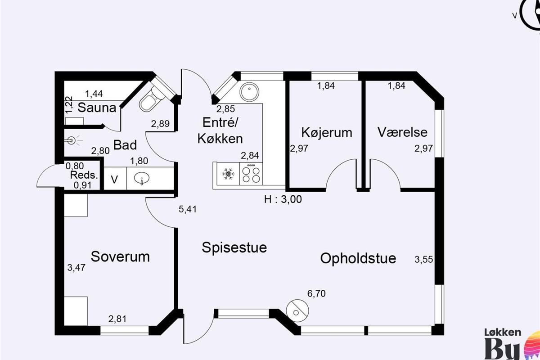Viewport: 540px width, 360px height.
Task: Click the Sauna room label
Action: [x=97, y=108]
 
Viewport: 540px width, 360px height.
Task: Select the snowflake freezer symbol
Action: [x=228, y=174]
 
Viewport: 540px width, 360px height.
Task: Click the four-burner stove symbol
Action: [x=251, y=174]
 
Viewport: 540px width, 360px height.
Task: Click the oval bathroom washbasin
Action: [x=142, y=179]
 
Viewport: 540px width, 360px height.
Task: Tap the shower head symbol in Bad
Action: [x=72, y=140]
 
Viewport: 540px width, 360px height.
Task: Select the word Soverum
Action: [x=120, y=256]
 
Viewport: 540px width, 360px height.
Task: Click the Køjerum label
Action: [x=327, y=132]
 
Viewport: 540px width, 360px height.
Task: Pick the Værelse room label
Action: [x=402, y=132]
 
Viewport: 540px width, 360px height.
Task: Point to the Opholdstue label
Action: [x=358, y=259]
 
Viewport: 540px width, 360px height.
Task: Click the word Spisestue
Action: [x=234, y=248]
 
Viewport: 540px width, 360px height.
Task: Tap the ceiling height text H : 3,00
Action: [x=283, y=199]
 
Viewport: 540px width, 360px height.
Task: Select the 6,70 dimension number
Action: [x=316, y=294]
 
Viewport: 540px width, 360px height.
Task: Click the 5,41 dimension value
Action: [x=188, y=209]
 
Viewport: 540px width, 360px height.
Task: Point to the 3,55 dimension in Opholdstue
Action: [x=423, y=260]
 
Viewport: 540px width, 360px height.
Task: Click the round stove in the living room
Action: [x=297, y=311]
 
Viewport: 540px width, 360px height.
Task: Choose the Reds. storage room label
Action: [x=84, y=175]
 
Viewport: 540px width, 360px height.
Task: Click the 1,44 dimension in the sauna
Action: [x=94, y=94]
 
